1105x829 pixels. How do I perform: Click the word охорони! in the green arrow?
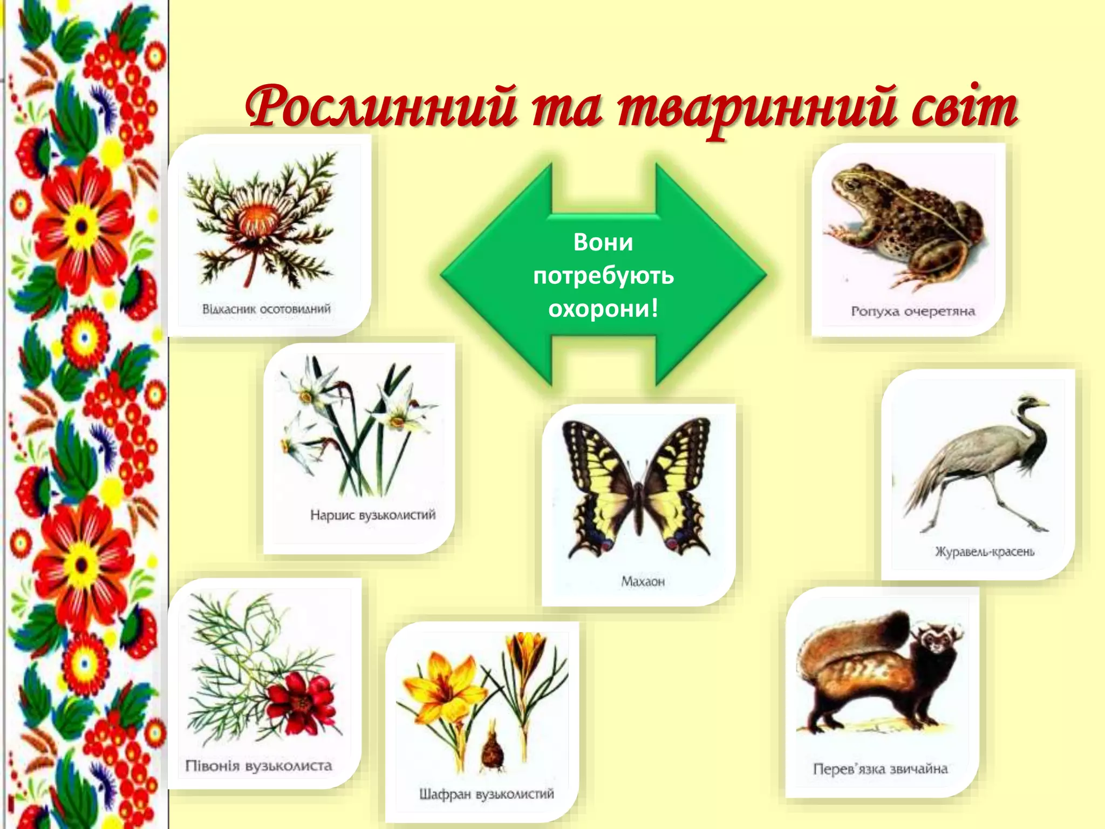point(603,309)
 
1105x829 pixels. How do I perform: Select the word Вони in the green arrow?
point(603,242)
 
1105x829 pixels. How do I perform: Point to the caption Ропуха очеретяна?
point(913,311)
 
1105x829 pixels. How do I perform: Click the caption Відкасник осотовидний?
point(266,309)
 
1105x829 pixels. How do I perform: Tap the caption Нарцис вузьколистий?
point(372,515)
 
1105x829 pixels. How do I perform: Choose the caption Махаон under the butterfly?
point(643,581)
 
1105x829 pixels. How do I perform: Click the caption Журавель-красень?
point(985,552)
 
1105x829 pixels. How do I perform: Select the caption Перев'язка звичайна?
point(880,769)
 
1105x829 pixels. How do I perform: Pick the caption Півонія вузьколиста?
point(258,766)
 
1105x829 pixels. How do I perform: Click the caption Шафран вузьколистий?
point(486,794)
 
